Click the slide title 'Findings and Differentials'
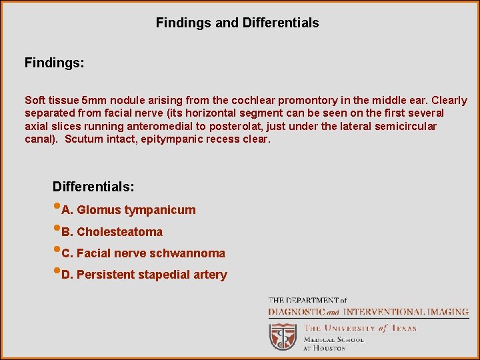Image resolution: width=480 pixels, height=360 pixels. (237, 23)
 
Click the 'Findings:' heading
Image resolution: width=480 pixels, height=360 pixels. (55, 63)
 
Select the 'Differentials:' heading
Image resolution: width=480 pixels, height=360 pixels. (93, 187)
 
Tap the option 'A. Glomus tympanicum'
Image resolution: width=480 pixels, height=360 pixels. (128, 210)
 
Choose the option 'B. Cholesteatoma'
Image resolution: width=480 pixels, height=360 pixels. (111, 232)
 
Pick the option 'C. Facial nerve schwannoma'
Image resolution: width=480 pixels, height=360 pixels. (143, 253)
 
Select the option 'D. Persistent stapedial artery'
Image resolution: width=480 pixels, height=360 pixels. (144, 275)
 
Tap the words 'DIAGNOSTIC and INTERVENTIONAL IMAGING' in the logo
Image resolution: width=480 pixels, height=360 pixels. (367, 312)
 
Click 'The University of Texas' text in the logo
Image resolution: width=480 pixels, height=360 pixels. (360, 328)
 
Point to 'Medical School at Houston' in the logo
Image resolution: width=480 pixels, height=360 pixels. (334, 343)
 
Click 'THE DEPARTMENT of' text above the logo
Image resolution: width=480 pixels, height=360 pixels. (307, 301)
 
